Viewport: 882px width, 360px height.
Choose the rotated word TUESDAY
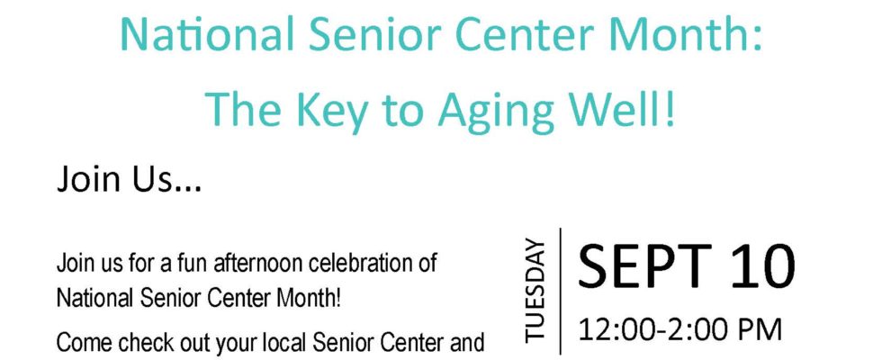535,290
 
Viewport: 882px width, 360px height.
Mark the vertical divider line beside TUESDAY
560,291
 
